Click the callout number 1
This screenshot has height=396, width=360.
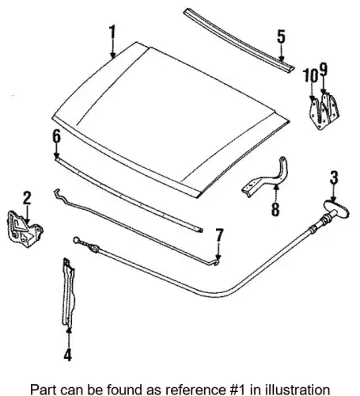pos(112,32)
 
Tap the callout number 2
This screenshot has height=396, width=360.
pos(27,198)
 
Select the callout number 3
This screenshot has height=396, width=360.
pos(334,177)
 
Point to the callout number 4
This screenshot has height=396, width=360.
pos(68,354)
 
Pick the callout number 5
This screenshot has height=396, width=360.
pos(281,36)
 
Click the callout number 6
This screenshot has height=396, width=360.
pos(56,136)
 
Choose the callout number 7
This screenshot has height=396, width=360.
pos(219,235)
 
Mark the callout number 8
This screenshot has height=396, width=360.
pos(275,210)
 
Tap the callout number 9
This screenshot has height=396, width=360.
pos(324,70)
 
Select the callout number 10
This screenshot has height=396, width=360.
pos(310,76)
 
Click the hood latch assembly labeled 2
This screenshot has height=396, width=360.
pos(25,229)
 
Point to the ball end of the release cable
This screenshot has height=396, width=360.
pos(76,240)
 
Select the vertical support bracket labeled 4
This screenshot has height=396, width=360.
pos(68,292)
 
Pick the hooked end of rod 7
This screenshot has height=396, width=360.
pos(217,262)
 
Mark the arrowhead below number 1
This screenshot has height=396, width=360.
pos(113,55)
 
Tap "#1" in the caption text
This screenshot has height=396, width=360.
pos(236,390)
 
